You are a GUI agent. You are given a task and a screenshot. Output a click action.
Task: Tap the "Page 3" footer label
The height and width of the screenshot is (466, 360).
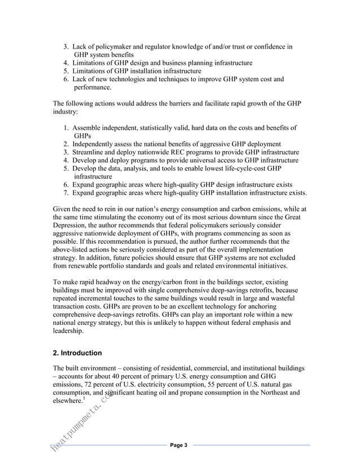click(x=179, y=446)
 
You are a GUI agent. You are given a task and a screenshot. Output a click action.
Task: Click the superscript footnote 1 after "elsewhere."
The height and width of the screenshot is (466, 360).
click(x=84, y=398)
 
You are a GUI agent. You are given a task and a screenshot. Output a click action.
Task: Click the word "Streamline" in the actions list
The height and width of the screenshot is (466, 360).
click(x=93, y=152)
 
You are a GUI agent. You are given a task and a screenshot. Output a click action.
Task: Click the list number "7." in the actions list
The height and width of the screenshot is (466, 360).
click(x=67, y=193)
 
